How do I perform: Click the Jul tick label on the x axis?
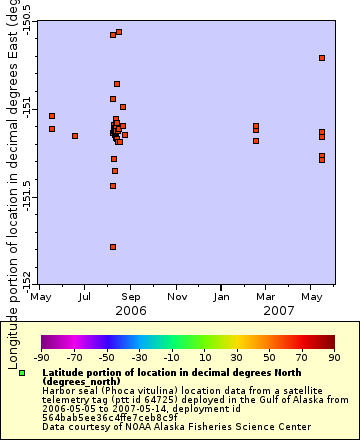point(86,296)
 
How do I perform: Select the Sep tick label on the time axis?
point(131,296)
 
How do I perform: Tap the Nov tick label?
point(177,296)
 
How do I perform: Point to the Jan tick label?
point(222,296)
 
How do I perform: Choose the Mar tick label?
point(266,296)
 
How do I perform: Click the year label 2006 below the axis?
point(131,311)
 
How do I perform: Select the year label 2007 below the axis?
point(277,311)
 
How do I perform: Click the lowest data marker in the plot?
point(113,247)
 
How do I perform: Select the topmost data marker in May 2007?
point(322,58)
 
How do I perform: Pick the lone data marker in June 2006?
point(75,136)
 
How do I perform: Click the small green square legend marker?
point(22,373)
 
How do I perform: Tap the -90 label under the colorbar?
point(41,357)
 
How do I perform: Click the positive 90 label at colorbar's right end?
point(333,357)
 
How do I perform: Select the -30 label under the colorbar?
point(139,357)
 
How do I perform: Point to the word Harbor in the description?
point(59,391)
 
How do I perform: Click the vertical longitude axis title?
point(12,150)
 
